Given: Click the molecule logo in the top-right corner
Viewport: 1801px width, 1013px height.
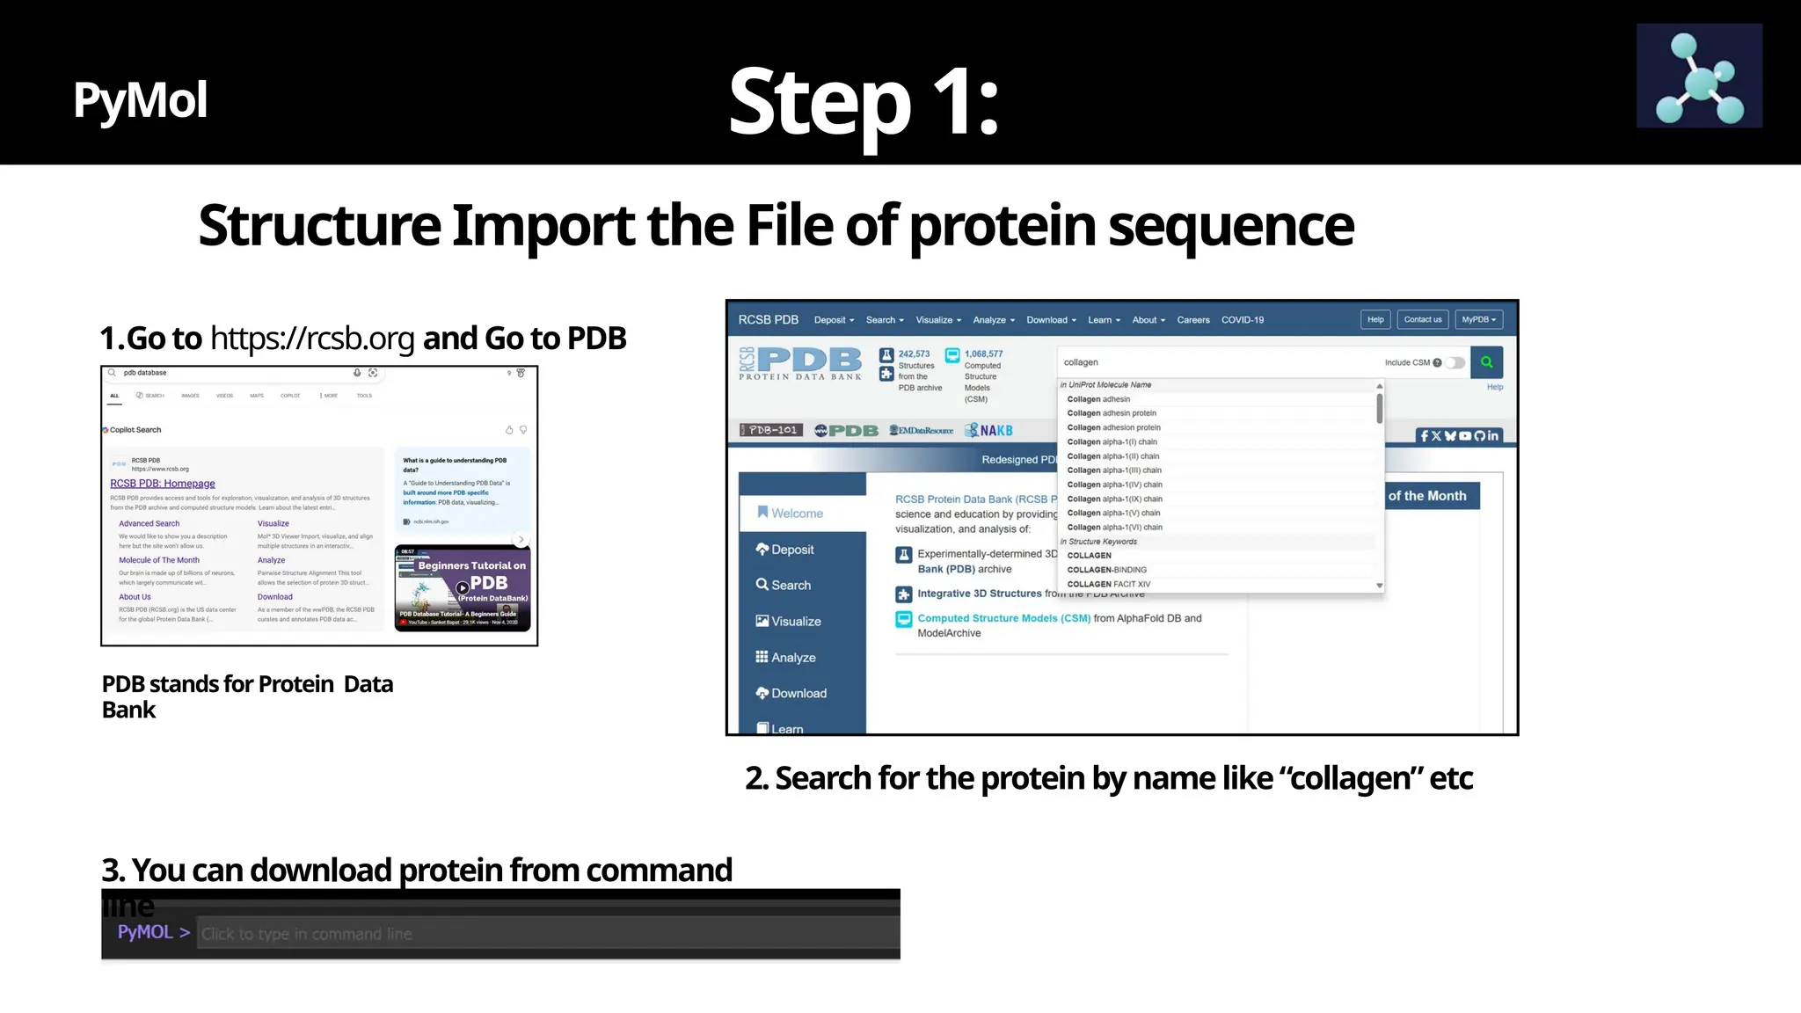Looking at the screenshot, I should click(x=1699, y=76).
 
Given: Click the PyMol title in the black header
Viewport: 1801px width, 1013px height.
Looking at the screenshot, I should click(x=140, y=99).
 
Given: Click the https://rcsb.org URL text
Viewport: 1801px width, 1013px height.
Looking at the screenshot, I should click(x=311, y=339).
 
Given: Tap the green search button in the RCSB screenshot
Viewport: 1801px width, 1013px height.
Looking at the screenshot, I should click(x=1486, y=362).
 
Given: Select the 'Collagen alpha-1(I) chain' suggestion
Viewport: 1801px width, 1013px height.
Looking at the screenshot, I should click(x=1112, y=441).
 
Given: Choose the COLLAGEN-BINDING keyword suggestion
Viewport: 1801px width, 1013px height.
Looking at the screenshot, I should click(x=1106, y=570).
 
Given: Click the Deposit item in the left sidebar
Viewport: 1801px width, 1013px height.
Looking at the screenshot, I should click(x=791, y=550).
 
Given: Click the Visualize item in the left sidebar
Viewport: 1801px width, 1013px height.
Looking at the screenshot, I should click(x=795, y=622).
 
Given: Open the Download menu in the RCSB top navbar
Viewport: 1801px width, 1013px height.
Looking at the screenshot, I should click(x=1050, y=320).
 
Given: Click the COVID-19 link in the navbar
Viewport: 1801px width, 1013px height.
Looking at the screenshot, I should click(x=1242, y=320).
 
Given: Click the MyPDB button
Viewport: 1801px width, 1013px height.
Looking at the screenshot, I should click(x=1478, y=320).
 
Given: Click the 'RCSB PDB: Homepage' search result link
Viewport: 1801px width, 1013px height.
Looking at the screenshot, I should click(x=163, y=484).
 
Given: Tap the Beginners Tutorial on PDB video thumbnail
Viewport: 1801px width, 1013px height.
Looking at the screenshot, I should click(x=463, y=587).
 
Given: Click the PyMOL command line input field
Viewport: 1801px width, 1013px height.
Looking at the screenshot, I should click(x=545, y=934).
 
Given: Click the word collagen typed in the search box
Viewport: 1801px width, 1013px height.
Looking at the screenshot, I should click(x=1081, y=362).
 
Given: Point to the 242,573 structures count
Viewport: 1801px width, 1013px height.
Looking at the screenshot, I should click(x=914, y=354).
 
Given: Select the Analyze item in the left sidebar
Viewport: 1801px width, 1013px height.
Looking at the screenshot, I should click(x=792, y=658).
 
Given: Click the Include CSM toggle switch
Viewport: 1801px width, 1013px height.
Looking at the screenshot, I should click(x=1456, y=362).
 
